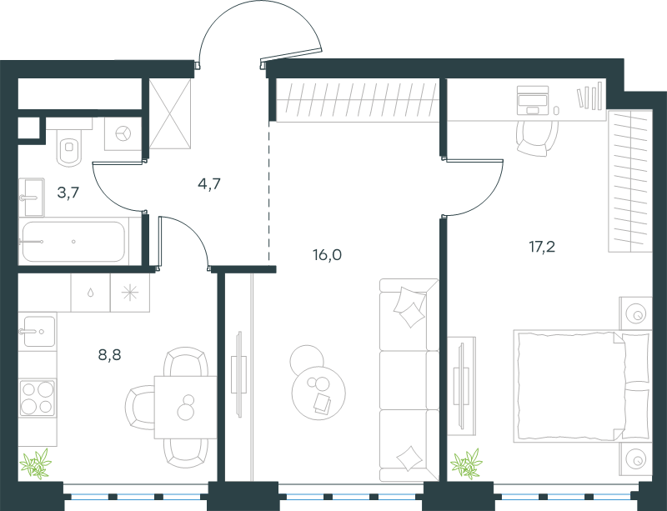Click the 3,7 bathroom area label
pyautogui.click(x=68, y=193)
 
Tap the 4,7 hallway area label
pyautogui.click(x=209, y=183)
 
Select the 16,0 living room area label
pyautogui.click(x=327, y=255)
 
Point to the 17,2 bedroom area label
pyautogui.click(x=542, y=247)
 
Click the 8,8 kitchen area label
pyautogui.click(x=110, y=354)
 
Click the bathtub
pyautogui.click(x=73, y=242)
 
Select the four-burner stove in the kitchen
pyautogui.click(x=38, y=398)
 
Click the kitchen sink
pyautogui.click(x=38, y=332)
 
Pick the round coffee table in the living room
pyautogui.click(x=318, y=393)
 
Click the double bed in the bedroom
pyautogui.click(x=582, y=386)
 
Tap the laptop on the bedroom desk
pyautogui.click(x=532, y=100)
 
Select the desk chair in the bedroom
pyautogui.click(x=537, y=138)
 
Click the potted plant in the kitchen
pyautogui.click(x=36, y=463)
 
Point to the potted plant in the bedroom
pyautogui.click(x=467, y=463)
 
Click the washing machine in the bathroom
pyautogui.click(x=123, y=133)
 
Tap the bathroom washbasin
pyautogui.click(x=32, y=198)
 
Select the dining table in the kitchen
pyautogui.click(x=185, y=407)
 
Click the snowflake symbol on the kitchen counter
pyautogui.click(x=130, y=293)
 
